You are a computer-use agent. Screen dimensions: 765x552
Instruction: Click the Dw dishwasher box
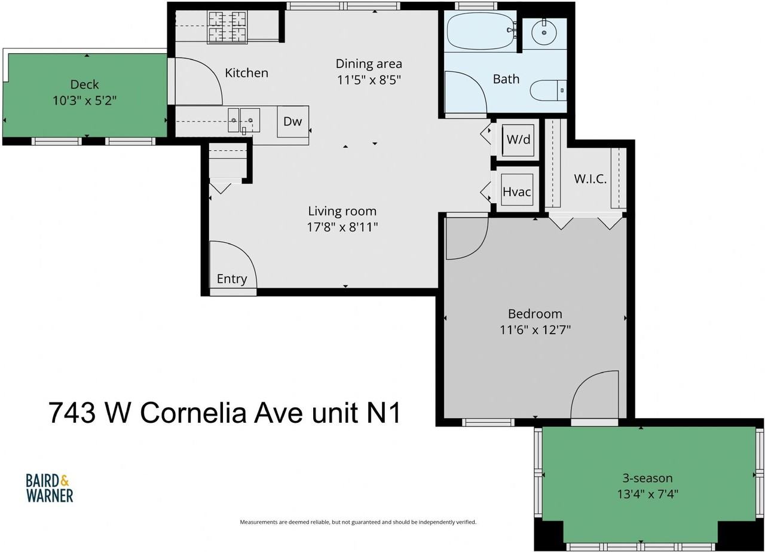pyautogui.click(x=293, y=121)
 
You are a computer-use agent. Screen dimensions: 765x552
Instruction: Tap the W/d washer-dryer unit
pyautogui.click(x=518, y=139)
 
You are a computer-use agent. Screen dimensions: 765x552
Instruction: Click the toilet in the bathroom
pyautogui.click(x=548, y=90)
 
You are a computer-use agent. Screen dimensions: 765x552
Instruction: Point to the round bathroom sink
pyautogui.click(x=544, y=33)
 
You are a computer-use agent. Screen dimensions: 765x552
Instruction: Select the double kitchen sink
pyautogui.click(x=244, y=120)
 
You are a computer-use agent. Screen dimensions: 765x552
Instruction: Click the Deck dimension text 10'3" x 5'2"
pyautogui.click(x=84, y=101)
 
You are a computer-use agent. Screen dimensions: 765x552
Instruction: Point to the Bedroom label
pyautogui.click(x=535, y=314)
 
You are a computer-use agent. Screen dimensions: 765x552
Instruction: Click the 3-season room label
pyautogui.click(x=647, y=478)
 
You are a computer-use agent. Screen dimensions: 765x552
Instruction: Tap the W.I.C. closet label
pyautogui.click(x=590, y=179)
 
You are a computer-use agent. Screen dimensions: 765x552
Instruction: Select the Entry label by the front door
pyautogui.click(x=232, y=279)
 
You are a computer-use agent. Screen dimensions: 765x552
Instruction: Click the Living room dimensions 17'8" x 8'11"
pyautogui.click(x=342, y=227)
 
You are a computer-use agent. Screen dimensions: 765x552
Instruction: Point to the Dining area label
pyautogui.click(x=369, y=64)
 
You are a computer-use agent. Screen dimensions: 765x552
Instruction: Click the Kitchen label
pyautogui.click(x=247, y=73)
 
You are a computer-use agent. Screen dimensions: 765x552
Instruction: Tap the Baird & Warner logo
pyautogui.click(x=50, y=488)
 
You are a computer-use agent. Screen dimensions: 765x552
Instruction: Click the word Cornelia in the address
pyautogui.click(x=193, y=413)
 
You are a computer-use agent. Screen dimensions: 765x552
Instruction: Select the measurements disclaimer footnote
pyautogui.click(x=358, y=522)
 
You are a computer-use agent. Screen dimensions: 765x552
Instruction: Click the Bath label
pyautogui.click(x=506, y=80)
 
